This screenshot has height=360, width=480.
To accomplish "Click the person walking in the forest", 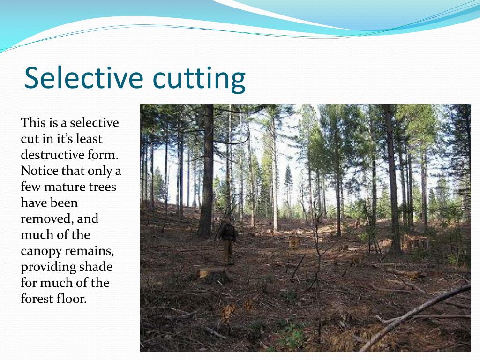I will (228, 241).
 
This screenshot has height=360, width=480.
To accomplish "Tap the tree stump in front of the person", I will (214, 275).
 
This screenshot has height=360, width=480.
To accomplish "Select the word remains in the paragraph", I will (94, 251).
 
